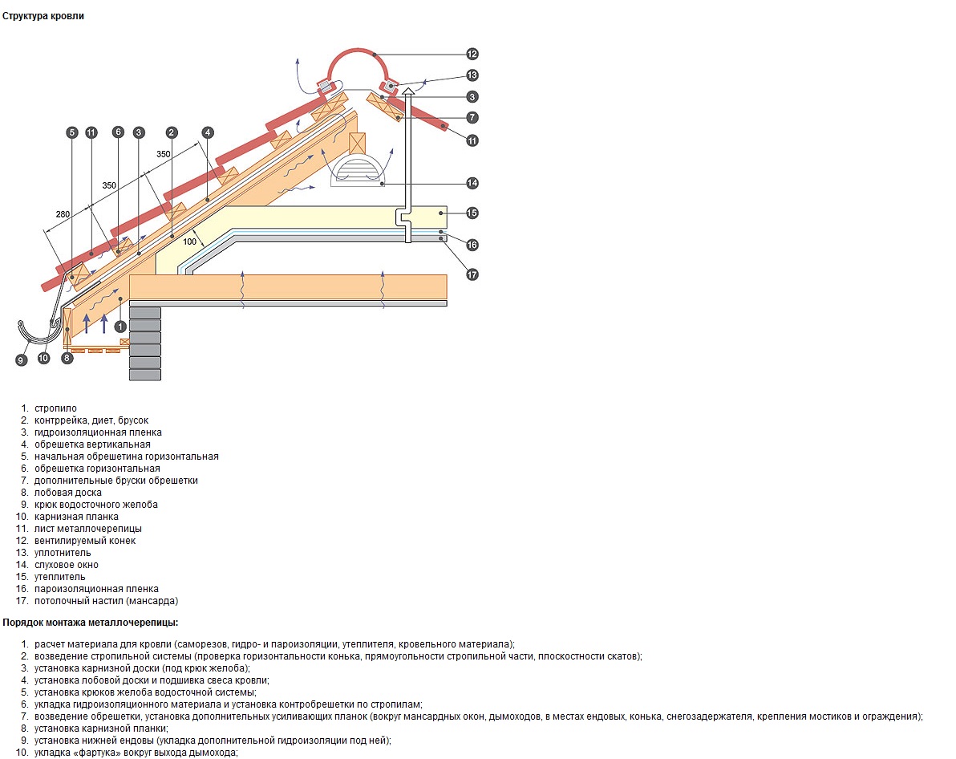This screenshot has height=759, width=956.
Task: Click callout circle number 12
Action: (472, 55)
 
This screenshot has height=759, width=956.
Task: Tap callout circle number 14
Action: (472, 183)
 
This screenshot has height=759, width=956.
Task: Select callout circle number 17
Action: (472, 274)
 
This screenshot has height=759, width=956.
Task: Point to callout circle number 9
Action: (22, 360)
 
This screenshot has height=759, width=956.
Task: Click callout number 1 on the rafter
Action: (120, 327)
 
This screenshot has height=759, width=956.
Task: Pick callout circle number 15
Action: (472, 213)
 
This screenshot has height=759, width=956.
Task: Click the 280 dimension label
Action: (63, 214)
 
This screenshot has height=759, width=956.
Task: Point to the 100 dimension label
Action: (189, 241)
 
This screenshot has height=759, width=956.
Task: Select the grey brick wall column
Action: (145, 343)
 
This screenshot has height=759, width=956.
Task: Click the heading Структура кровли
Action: (43, 17)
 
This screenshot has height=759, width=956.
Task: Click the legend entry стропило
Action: (55, 408)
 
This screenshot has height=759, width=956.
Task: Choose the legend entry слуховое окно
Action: (66, 565)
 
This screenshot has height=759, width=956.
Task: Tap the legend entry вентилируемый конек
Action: (85, 541)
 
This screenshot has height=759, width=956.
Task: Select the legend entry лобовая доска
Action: (67, 493)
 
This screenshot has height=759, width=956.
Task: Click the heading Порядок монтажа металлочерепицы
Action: (91, 623)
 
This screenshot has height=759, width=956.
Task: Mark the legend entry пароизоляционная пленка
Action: (96, 589)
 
